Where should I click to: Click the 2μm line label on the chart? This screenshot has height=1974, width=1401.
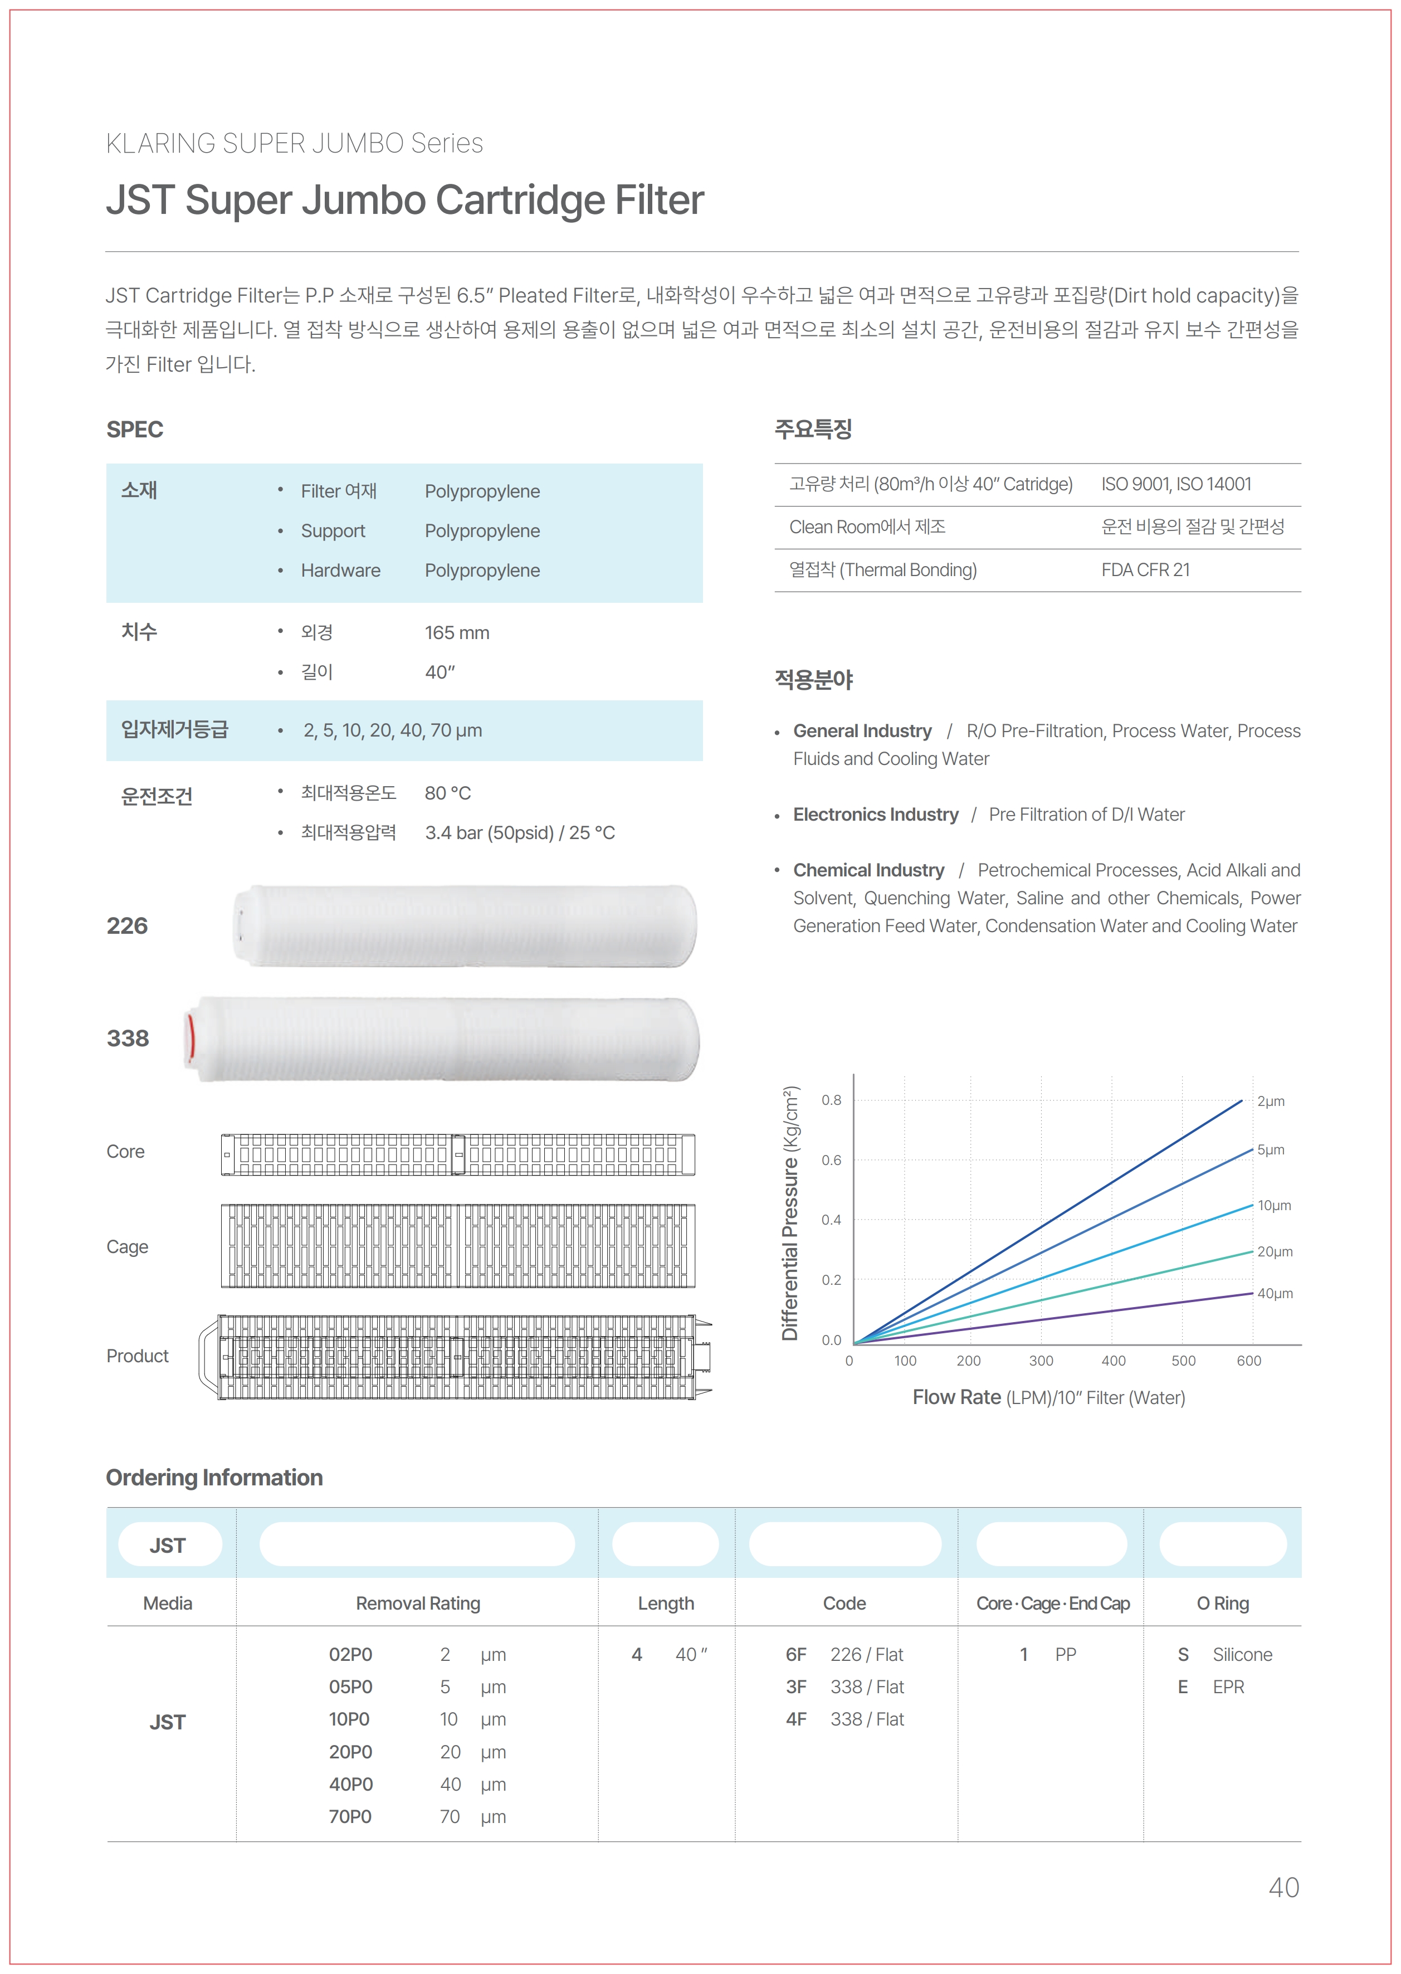(1270, 1101)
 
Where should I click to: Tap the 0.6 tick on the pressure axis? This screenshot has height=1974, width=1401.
(831, 1161)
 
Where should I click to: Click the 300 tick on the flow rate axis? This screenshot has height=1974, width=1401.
(1041, 1361)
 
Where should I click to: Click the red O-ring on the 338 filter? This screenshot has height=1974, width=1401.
(191, 1038)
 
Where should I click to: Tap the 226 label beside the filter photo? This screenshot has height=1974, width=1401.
(127, 926)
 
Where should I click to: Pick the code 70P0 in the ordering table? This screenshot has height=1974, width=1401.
(350, 1816)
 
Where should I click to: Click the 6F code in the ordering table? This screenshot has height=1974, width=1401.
(795, 1654)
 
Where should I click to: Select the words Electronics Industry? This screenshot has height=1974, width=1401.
(876, 815)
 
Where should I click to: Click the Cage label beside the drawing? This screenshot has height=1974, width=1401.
(127, 1247)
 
